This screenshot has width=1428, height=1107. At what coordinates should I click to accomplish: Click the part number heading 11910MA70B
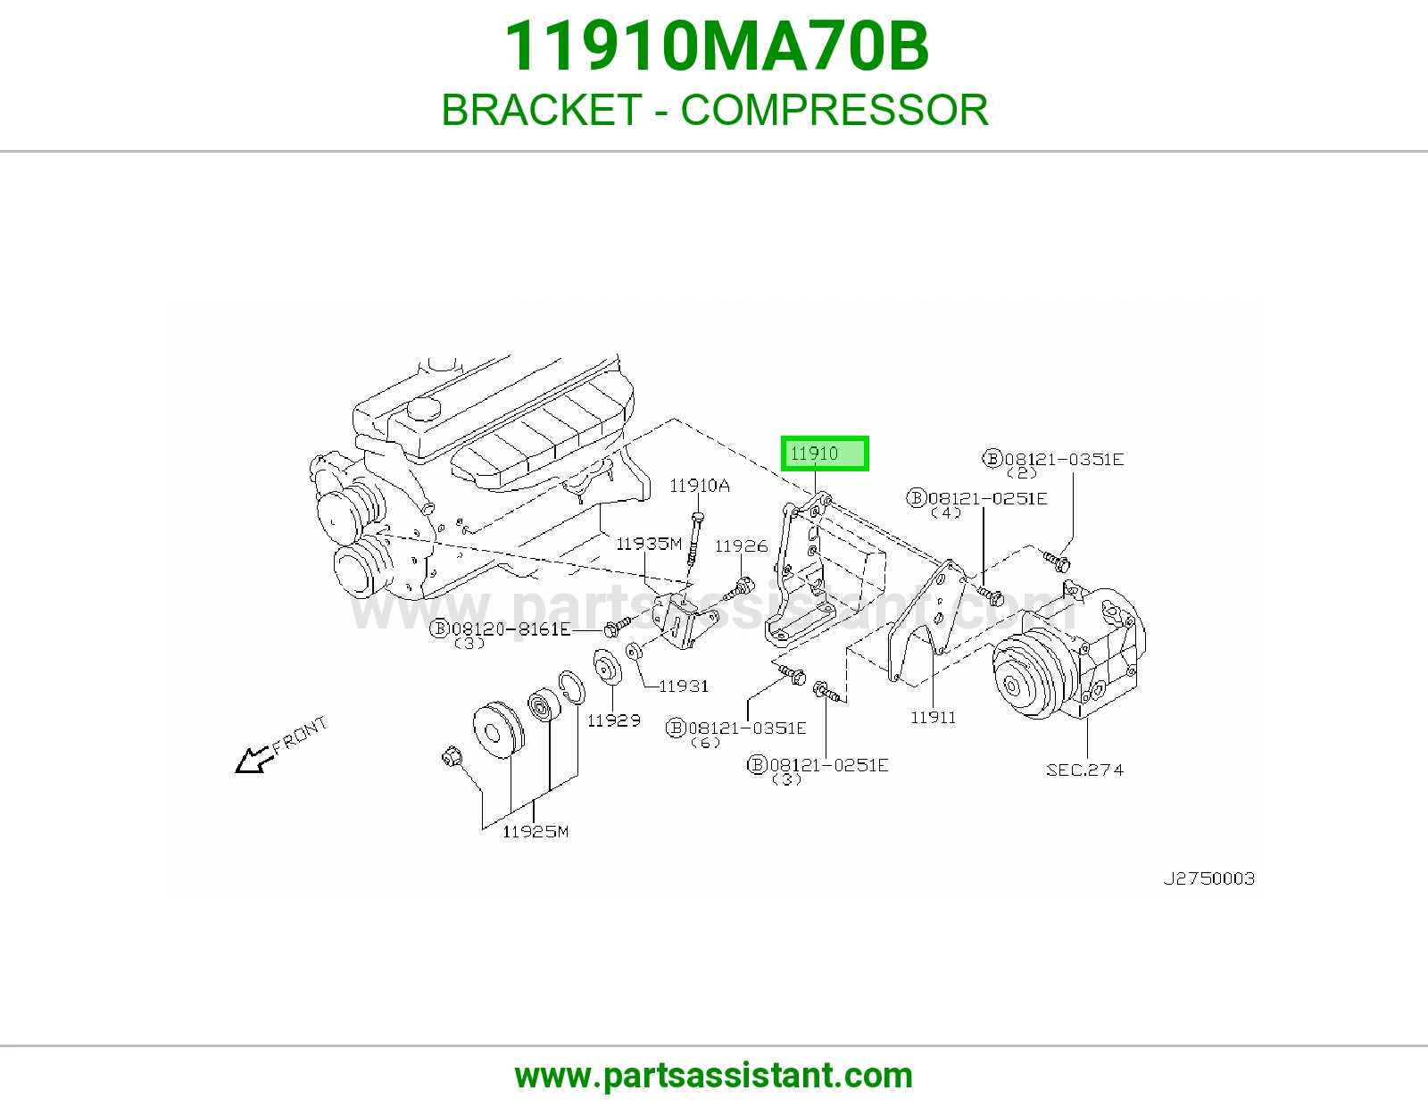click(717, 46)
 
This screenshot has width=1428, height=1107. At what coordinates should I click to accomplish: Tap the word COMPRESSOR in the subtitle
click(834, 110)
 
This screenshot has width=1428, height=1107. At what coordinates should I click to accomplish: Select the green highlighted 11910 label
click(825, 454)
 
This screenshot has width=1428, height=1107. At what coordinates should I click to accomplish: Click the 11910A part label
click(699, 486)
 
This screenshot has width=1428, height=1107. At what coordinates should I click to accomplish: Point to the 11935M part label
click(649, 544)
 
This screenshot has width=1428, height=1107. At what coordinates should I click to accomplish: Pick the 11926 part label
click(742, 546)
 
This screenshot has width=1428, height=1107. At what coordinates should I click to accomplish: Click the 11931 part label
click(684, 687)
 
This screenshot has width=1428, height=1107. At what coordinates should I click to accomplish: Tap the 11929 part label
click(614, 720)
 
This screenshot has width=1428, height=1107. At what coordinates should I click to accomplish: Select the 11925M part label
click(535, 831)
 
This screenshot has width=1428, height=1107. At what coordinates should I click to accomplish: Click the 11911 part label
click(934, 717)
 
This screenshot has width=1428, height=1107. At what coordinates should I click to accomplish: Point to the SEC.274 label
click(1085, 770)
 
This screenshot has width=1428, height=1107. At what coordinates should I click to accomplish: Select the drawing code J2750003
click(1209, 878)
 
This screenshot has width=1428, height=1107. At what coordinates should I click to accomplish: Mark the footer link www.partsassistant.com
click(714, 1076)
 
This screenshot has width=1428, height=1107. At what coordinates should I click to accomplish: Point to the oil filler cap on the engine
click(422, 410)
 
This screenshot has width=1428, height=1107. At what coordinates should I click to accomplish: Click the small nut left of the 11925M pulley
click(452, 757)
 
